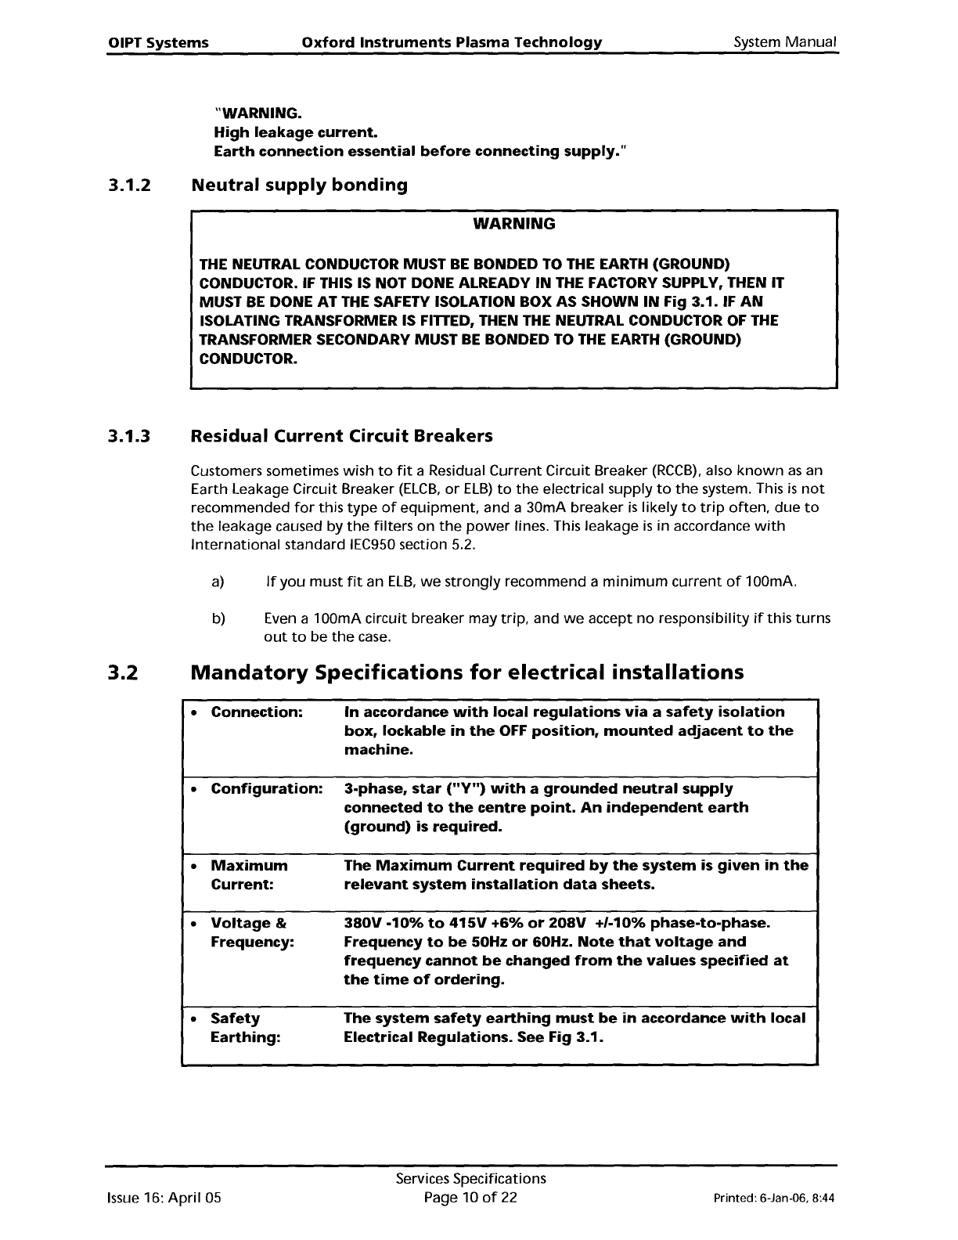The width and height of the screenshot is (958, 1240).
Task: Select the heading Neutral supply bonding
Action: click(x=299, y=186)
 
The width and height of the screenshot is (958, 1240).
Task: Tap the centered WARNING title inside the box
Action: click(x=514, y=224)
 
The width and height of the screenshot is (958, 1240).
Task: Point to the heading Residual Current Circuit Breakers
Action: click(x=342, y=435)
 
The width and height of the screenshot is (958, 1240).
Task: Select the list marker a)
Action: click(x=218, y=582)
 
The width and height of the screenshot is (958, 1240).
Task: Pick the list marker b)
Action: click(x=218, y=618)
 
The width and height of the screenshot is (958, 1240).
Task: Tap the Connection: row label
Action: click(x=257, y=712)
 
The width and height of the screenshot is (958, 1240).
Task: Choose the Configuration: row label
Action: click(x=266, y=788)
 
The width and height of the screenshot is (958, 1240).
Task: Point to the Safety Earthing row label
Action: click(x=245, y=1028)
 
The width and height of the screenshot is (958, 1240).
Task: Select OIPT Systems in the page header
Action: click(x=157, y=42)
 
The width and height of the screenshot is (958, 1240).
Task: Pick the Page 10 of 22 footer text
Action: click(x=470, y=1198)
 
